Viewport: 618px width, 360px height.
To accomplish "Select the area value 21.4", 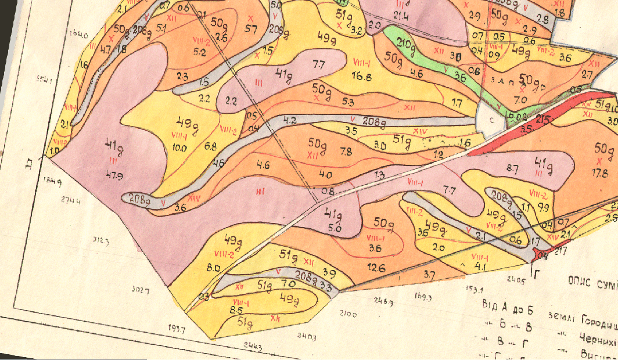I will click(x=401, y=16).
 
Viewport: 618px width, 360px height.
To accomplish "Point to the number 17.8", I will click(x=599, y=172).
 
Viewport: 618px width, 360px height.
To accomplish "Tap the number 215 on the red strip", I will click(x=543, y=119).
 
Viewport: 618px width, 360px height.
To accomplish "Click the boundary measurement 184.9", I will click(x=52, y=181).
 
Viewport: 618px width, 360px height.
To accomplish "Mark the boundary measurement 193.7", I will click(x=175, y=329).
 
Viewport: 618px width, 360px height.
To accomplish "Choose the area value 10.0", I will click(x=179, y=147).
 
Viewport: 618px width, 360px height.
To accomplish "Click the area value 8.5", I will click(x=236, y=311).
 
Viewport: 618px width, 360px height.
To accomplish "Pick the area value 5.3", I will click(x=348, y=102).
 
